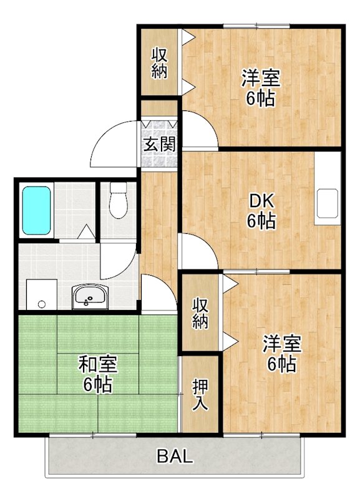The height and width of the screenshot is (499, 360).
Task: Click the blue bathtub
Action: coord(36,210)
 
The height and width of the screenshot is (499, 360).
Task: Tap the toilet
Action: coord(117,200)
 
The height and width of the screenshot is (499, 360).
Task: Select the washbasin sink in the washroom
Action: coord(89,297)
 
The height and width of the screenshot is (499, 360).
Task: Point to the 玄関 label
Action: coord(158,145)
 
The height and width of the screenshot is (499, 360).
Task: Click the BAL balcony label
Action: coord(174,456)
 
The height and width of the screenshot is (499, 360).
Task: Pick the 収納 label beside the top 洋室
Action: coord(159,62)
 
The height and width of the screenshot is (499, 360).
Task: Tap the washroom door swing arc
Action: coord(119,261)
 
